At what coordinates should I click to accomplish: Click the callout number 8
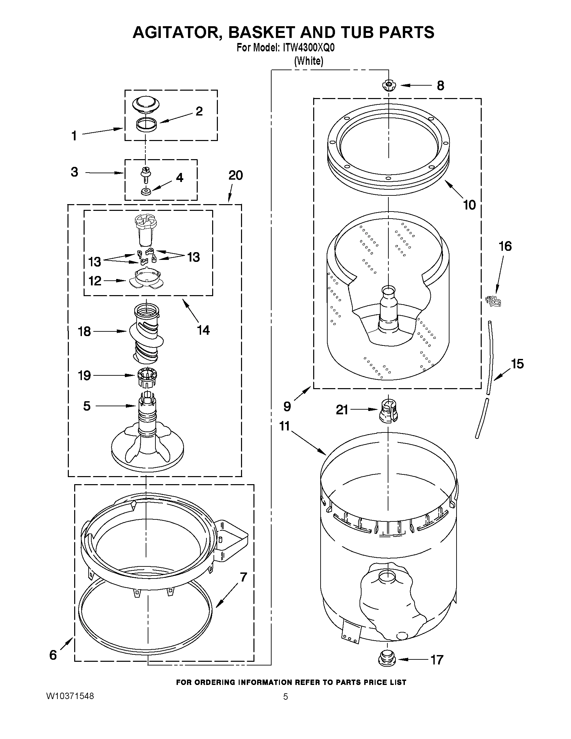[x=440, y=86]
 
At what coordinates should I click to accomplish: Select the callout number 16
[x=505, y=246]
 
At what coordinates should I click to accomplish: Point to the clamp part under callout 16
[x=493, y=301]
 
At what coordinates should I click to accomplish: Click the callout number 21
[x=342, y=410]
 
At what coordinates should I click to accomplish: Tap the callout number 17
[x=437, y=659]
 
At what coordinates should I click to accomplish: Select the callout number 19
[x=85, y=375]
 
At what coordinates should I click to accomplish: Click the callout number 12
[x=95, y=280]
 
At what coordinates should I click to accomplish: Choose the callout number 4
[x=179, y=177]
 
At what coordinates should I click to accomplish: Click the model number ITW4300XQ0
[x=307, y=48]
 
